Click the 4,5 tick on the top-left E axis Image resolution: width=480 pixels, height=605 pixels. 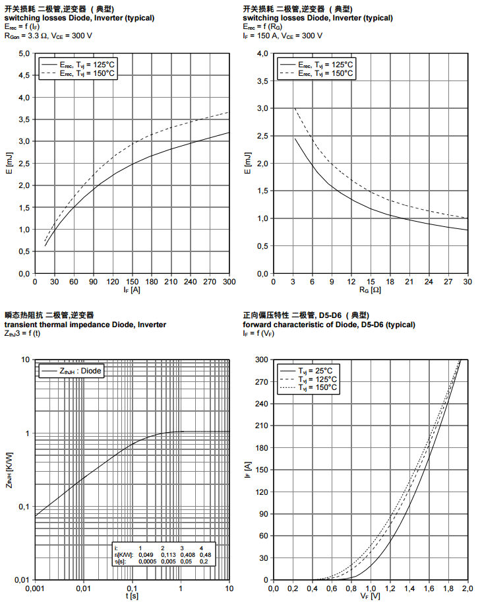(x=24, y=75)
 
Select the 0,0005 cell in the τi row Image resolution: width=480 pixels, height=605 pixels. (x=145, y=561)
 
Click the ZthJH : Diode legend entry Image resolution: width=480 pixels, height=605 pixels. (x=72, y=371)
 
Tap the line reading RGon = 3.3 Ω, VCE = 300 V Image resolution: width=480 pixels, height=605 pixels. (x=49, y=36)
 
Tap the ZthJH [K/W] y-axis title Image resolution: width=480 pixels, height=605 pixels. (x=9, y=469)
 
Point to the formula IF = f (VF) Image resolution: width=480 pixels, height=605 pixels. (x=260, y=333)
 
